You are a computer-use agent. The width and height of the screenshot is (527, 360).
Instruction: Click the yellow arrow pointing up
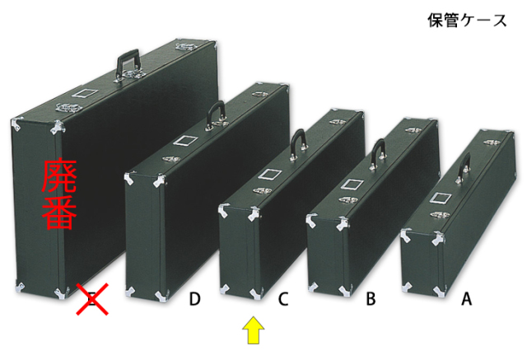[254, 330]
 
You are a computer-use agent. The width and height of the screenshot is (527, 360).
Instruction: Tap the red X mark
[92, 299]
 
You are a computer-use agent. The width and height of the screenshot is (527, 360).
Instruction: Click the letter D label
[194, 299]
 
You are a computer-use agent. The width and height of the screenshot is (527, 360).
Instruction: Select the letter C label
[283, 299]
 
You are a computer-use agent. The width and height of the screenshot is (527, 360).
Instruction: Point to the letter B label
[371, 299]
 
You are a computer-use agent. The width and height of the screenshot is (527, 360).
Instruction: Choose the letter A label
[466, 299]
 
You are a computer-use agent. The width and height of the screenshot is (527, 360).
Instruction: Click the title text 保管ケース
[467, 21]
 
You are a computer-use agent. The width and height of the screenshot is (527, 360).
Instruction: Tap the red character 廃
[59, 175]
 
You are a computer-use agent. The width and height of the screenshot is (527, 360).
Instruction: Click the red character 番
[59, 212]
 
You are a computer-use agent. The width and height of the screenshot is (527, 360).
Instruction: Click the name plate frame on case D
[184, 140]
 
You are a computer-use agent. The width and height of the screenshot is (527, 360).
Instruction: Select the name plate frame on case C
[270, 174]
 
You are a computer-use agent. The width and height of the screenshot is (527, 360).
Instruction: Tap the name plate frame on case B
[352, 184]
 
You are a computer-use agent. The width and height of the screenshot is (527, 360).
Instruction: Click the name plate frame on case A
[440, 198]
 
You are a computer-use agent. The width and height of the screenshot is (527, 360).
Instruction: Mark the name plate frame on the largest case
[85, 93]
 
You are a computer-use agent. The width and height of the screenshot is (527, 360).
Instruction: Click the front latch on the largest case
[69, 108]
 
